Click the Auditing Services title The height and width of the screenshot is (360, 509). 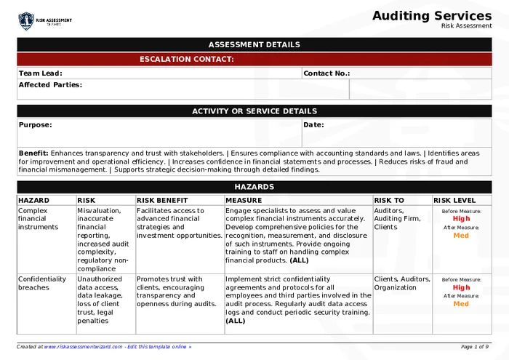point(432,15)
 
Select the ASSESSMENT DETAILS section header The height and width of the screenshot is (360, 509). point(254,44)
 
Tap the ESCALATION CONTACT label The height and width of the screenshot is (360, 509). point(186,59)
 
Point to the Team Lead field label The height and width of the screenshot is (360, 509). point(41,73)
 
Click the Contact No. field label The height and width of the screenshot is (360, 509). point(326,73)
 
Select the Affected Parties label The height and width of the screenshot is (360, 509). point(50,84)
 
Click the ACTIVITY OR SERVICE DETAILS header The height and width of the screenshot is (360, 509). point(254,111)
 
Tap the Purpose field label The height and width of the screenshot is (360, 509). point(35,124)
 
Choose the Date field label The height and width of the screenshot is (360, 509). point(313,124)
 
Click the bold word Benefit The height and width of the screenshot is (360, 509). point(33,153)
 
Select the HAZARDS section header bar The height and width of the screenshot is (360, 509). point(254,187)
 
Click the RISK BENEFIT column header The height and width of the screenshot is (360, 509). point(162,200)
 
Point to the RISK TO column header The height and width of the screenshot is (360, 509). point(389,200)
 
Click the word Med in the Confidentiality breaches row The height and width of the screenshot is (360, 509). point(461,304)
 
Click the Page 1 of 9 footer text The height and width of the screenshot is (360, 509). point(475,347)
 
